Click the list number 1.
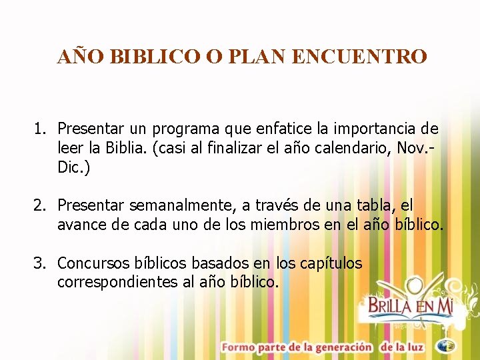click(39, 128)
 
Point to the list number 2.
click(39, 206)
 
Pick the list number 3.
click(39, 263)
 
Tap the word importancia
click(375, 128)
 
